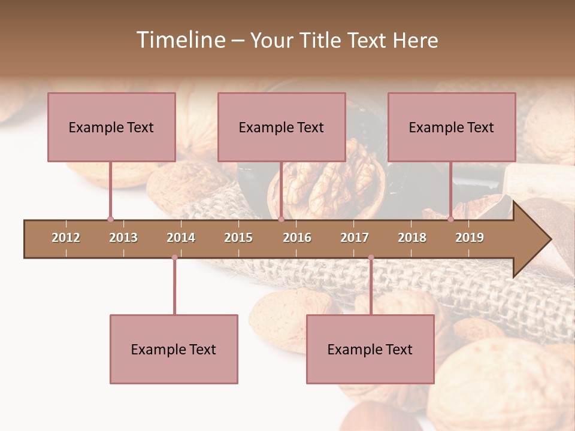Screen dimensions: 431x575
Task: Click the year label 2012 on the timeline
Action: coord(66,238)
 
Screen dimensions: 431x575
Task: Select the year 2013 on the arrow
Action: coord(123,238)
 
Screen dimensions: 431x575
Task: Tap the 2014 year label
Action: coord(181,238)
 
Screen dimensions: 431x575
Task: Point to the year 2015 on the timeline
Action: coord(238,238)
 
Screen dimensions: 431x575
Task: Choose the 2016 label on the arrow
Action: coord(297,238)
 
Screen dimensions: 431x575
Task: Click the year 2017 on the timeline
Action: coord(355,238)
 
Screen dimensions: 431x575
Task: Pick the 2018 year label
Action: coord(412,238)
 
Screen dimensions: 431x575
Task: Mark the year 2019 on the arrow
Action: coord(470,238)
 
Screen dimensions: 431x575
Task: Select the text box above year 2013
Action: coord(111,127)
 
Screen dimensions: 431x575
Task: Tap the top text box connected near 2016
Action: coord(282,127)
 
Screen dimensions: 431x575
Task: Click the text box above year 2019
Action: coord(452,127)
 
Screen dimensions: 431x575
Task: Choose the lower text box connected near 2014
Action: coord(174,349)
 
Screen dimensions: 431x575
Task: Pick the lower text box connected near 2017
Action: coord(370,349)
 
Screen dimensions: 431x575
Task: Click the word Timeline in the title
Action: coord(180,40)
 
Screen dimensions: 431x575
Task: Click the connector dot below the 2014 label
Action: coord(174,257)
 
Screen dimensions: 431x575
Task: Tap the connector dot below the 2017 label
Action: coord(371,257)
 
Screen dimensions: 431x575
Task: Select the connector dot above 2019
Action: coord(451,220)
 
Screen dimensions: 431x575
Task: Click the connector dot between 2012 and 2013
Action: coord(110,220)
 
